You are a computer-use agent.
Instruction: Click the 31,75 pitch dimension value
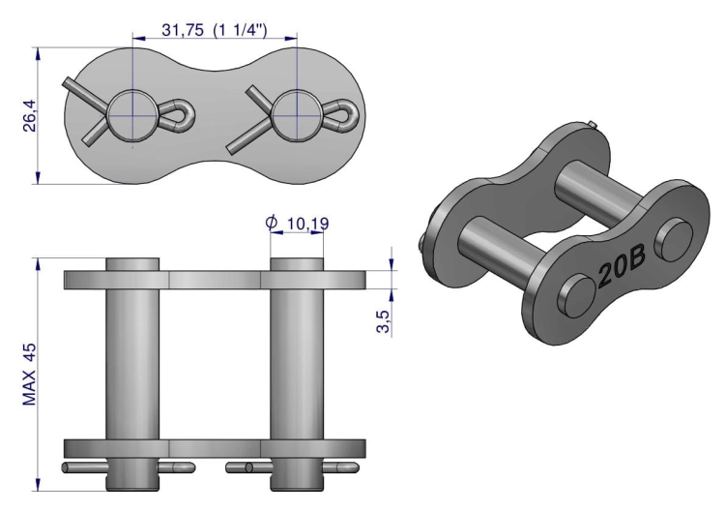(183, 30)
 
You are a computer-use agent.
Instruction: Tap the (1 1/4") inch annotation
(241, 30)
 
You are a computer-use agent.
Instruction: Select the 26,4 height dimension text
(30, 116)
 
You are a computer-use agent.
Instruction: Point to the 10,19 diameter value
(308, 224)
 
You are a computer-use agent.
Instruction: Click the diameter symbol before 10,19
(272, 223)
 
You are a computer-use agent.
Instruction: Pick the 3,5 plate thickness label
(384, 321)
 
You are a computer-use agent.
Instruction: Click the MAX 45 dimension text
(29, 375)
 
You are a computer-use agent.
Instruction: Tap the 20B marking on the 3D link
(621, 269)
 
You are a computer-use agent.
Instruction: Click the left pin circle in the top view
(133, 115)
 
